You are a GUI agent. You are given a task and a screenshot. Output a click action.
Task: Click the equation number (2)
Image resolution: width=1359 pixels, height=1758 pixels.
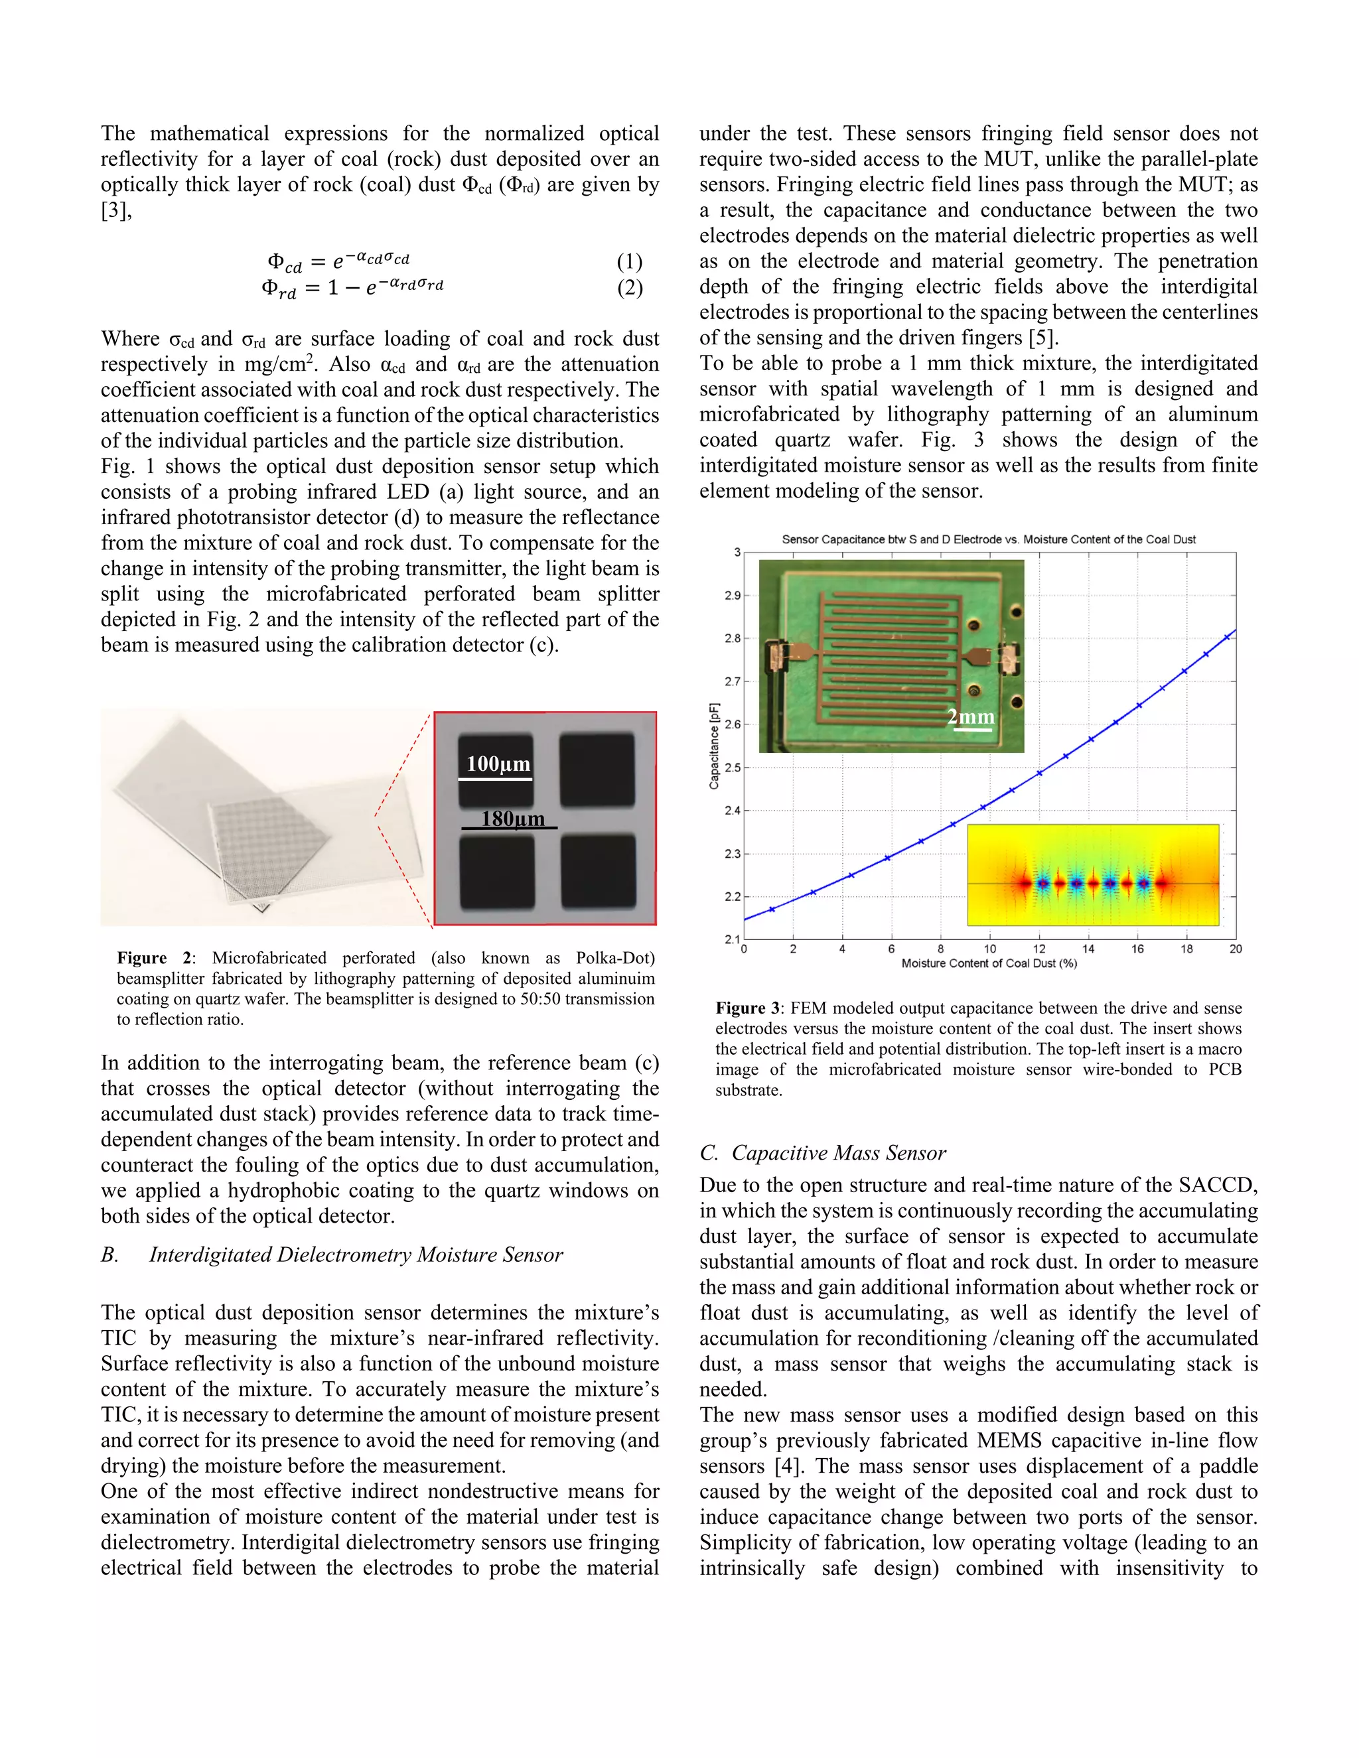(629, 287)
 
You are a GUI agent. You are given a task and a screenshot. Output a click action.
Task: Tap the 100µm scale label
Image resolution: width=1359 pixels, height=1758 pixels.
(498, 764)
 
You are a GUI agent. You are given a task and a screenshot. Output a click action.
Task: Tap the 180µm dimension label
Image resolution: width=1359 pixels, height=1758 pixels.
(512, 819)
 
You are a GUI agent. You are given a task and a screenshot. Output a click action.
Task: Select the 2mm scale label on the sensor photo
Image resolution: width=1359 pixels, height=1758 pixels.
(970, 716)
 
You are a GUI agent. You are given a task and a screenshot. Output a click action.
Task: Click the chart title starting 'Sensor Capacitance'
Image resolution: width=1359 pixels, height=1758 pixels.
(988, 539)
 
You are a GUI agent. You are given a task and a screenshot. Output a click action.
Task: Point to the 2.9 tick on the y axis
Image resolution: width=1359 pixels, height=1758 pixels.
(732, 596)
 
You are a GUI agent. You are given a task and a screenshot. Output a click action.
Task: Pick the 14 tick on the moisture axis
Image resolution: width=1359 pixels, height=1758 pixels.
(1088, 949)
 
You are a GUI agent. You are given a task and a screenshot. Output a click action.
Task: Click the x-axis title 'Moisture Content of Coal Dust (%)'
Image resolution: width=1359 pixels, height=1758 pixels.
(989, 963)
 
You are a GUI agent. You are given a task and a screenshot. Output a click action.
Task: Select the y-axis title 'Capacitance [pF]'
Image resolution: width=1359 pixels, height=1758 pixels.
(714, 746)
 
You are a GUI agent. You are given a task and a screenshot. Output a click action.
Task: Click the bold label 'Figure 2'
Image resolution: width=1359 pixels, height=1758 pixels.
(155, 958)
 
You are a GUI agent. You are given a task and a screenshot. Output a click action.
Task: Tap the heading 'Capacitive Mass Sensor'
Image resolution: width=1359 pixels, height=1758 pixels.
(838, 1153)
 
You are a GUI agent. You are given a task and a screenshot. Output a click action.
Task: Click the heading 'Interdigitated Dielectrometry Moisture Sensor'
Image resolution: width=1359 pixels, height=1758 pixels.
(355, 1255)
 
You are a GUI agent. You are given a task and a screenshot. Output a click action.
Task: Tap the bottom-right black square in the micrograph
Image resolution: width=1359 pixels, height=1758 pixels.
(597, 872)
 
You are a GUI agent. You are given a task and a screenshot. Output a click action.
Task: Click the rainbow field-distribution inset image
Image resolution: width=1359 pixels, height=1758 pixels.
(1092, 875)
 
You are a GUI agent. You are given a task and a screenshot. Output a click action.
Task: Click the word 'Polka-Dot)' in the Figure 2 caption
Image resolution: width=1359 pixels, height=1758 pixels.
(615, 958)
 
